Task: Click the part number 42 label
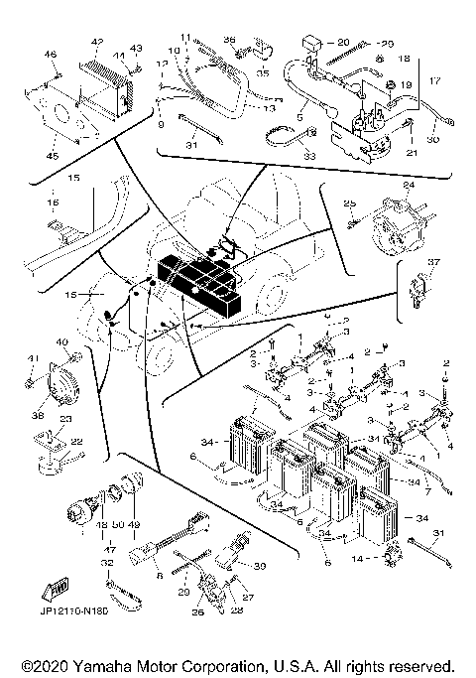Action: (x=97, y=42)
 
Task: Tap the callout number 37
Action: (x=431, y=263)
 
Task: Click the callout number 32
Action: (x=106, y=562)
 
